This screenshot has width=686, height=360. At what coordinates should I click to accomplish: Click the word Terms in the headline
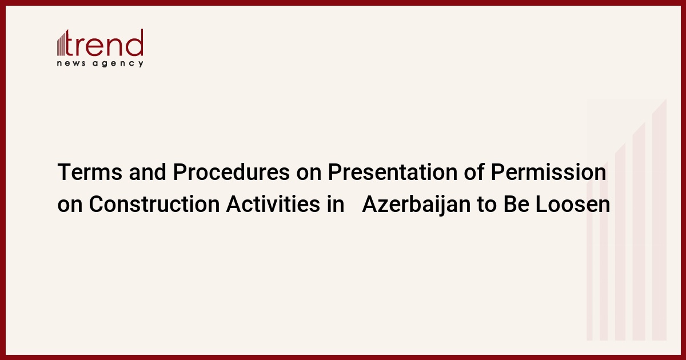pos(90,172)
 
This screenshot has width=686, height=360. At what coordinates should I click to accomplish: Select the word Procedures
pos(231,172)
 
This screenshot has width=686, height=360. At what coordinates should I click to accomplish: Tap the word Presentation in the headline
pos(393,172)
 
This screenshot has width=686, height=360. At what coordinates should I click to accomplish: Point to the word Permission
pos(548,172)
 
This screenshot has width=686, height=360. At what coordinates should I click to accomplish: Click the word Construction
pos(154,204)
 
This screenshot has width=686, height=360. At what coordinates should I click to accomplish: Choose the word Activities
pos(273,204)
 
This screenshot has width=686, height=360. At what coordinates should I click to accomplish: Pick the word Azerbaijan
pos(416,205)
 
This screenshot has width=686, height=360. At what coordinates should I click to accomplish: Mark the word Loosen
pos(573,204)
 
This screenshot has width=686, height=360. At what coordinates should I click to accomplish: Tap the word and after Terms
pos(147,172)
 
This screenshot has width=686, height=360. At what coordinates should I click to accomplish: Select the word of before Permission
pos(474,172)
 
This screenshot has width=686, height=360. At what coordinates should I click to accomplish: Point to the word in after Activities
pos(336,204)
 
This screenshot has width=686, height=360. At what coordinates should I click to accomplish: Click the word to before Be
pos(487,205)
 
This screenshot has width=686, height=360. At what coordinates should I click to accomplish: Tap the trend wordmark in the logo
pos(104,43)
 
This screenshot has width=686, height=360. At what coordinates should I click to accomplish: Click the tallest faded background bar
pos(659,220)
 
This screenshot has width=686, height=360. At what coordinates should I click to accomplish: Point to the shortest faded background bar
pos(589,261)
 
